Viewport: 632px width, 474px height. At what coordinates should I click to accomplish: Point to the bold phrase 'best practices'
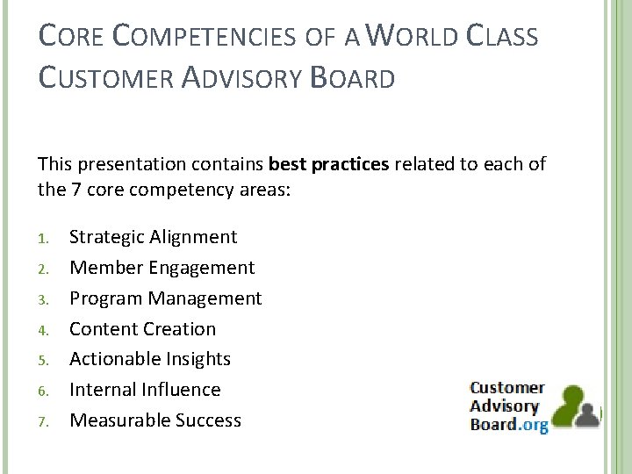328,164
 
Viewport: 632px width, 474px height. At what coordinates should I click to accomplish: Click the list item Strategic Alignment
153,237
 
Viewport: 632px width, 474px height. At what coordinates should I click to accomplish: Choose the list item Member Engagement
162,268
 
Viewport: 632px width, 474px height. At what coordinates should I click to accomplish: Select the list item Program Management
165,298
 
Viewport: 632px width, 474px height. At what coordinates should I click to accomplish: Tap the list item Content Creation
142,329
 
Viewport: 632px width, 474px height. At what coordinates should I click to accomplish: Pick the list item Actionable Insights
149,359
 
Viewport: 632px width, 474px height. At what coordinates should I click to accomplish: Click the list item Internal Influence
145,390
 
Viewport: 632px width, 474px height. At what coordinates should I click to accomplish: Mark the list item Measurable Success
154,420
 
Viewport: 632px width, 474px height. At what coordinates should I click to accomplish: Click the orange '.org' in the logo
534,425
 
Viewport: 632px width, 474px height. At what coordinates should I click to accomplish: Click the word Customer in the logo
506,388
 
